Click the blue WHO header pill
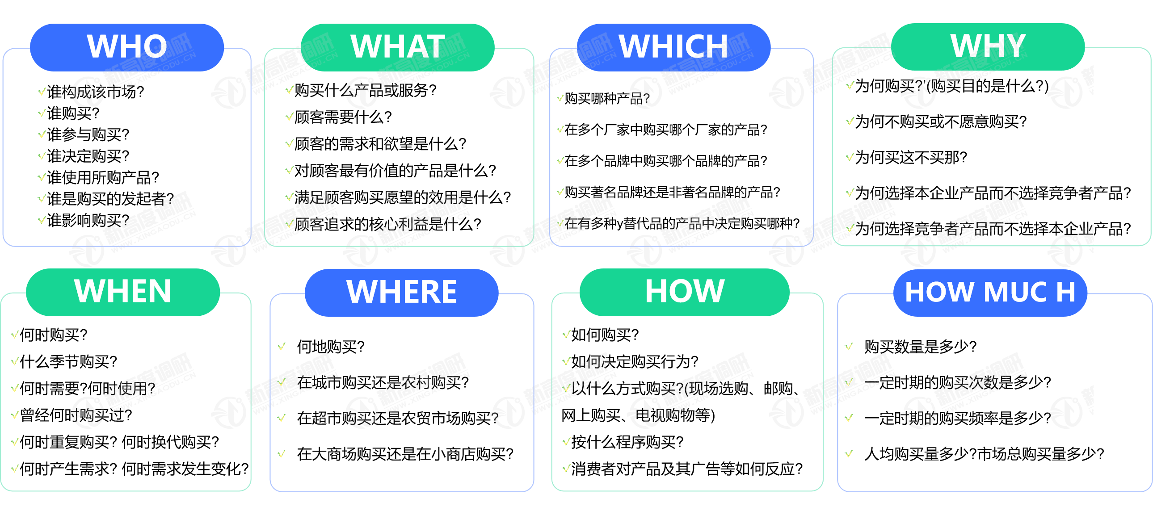(x=126, y=47)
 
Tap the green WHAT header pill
(x=397, y=47)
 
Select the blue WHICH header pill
(x=673, y=47)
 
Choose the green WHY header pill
(x=988, y=46)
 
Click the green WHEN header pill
(x=123, y=292)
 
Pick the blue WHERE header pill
(x=401, y=293)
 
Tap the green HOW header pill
(x=684, y=292)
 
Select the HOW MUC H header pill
(x=990, y=293)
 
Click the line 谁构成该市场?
(x=95, y=92)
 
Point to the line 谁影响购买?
(x=88, y=220)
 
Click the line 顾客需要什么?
(x=343, y=117)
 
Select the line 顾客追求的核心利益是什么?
(x=387, y=224)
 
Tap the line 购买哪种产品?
(x=607, y=98)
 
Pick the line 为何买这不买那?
(x=911, y=157)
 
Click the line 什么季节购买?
(x=68, y=361)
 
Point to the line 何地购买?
(x=331, y=346)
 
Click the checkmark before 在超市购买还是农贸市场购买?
(x=282, y=418)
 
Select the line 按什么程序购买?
(x=627, y=442)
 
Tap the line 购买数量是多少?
(x=920, y=346)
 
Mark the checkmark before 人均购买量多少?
(x=849, y=454)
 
